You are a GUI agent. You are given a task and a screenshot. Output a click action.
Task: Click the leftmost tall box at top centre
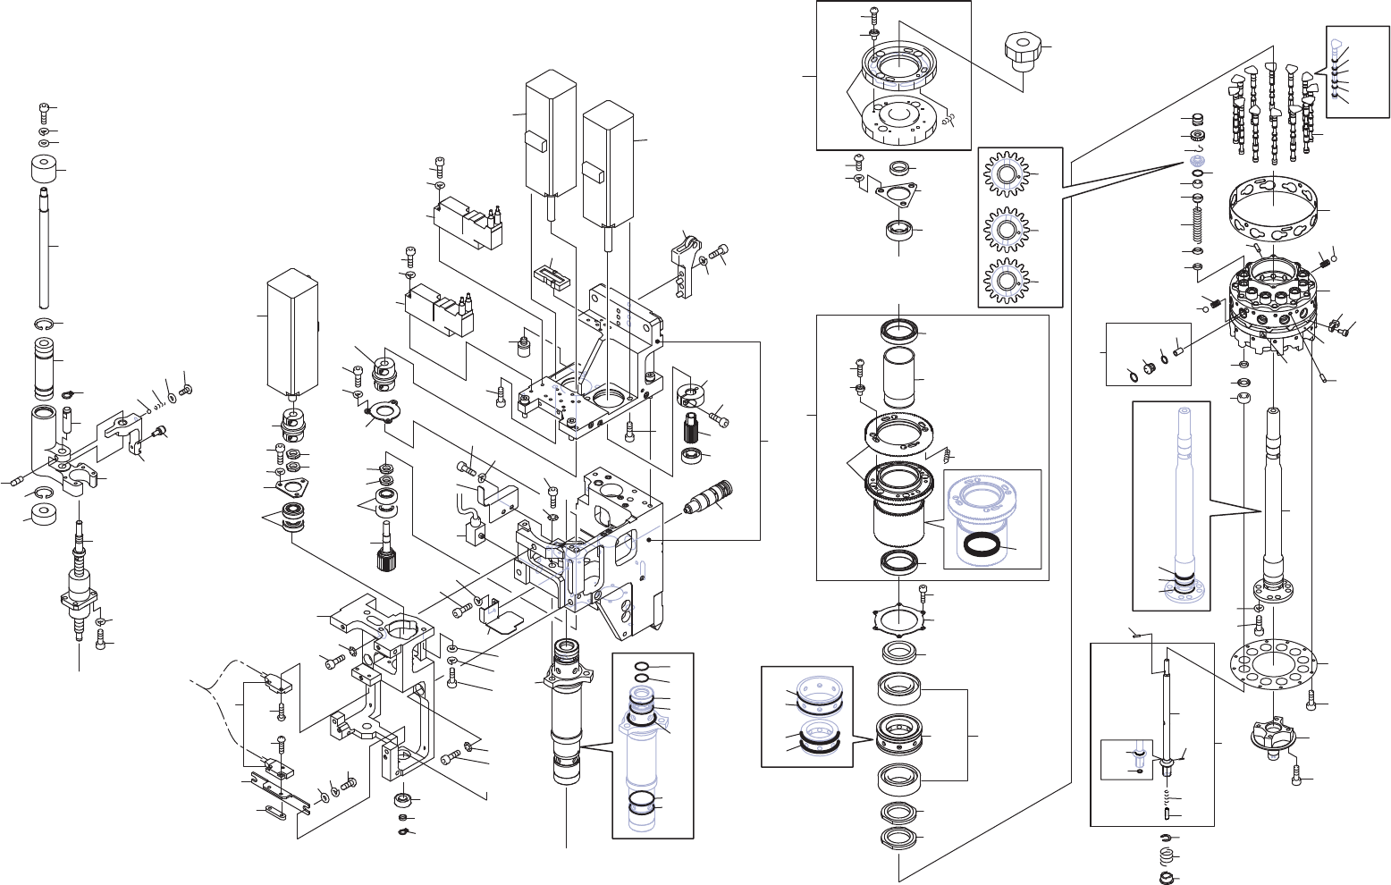(548, 134)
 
